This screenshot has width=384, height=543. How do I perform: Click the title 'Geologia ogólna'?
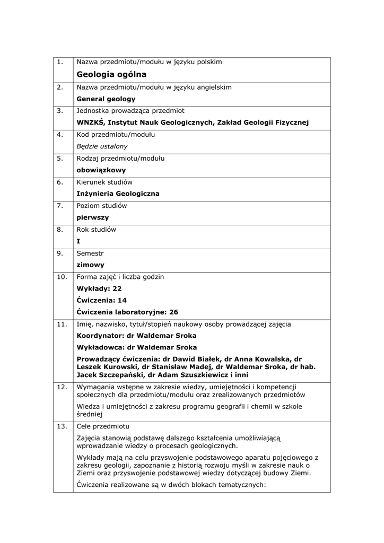(111, 74)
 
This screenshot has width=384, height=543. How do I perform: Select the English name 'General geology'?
(106, 99)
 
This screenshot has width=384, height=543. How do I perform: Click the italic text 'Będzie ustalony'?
(102, 146)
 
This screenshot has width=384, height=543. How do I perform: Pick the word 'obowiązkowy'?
(101, 170)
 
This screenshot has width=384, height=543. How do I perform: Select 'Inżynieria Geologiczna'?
(118, 194)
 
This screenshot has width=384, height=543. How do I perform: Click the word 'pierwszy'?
(93, 218)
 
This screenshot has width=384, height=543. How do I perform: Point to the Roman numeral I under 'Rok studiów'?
(78, 241)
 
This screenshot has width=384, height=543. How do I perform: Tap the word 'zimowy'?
(91, 265)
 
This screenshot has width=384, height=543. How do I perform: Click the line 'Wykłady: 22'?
(99, 288)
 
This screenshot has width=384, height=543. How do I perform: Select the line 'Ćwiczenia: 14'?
(102, 300)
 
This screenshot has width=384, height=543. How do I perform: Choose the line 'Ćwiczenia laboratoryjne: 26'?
(127, 312)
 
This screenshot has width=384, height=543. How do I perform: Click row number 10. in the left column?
(62, 277)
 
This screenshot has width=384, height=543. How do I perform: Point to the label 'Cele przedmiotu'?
(102, 426)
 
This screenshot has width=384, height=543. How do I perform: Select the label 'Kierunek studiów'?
(104, 182)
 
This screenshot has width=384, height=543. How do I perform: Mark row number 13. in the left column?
(62, 426)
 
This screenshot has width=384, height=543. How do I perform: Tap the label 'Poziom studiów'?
(102, 206)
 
